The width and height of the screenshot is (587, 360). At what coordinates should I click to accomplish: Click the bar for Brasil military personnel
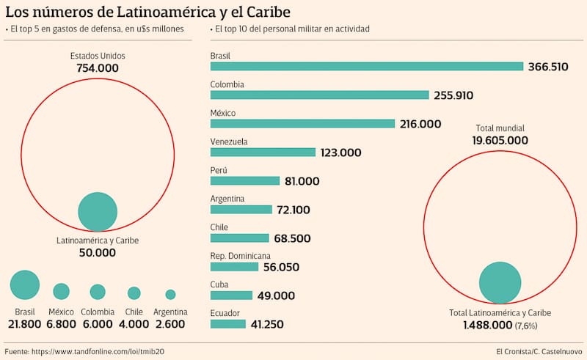pyautogui.click(x=366, y=66)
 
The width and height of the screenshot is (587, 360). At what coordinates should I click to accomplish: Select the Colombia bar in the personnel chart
pyautogui.click(x=319, y=95)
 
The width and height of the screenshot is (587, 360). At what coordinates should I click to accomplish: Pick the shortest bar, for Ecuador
pyautogui.click(x=227, y=323)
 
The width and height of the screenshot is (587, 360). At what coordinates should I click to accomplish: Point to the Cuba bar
pyautogui.click(x=231, y=295)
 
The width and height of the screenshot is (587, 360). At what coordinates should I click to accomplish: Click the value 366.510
pyautogui.click(x=548, y=66)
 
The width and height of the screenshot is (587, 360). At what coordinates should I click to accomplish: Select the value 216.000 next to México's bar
pyautogui.click(x=420, y=124)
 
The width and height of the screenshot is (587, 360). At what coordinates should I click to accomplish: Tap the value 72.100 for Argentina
pyautogui.click(x=293, y=210)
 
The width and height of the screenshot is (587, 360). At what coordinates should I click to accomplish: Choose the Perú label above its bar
pyautogui.click(x=219, y=170)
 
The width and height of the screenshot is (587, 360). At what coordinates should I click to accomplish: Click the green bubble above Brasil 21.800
pyautogui.click(x=25, y=284)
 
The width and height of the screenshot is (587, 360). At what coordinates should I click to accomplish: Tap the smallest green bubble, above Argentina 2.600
pyautogui.click(x=170, y=294)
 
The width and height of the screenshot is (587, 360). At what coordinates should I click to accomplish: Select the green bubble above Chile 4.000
pyautogui.click(x=134, y=293)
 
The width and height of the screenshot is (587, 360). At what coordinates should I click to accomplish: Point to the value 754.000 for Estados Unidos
pyautogui.click(x=98, y=68)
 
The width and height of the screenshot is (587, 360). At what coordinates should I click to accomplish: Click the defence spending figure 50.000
pyautogui.click(x=98, y=252)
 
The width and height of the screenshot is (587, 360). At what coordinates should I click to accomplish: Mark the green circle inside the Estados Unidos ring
pyautogui.click(x=98, y=211)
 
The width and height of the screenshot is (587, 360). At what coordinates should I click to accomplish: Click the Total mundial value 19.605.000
pyautogui.click(x=500, y=140)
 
